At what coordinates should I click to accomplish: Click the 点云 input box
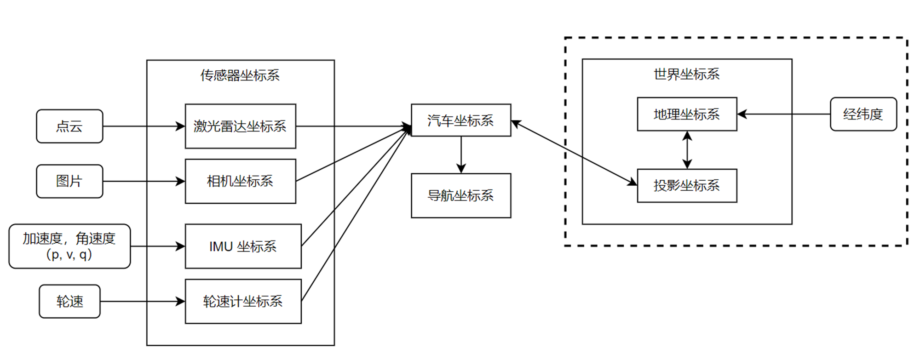[69, 126]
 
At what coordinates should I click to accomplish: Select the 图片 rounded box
[69, 181]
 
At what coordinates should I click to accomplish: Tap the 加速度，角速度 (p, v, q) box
[69, 246]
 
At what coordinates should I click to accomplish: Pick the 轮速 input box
[69, 301]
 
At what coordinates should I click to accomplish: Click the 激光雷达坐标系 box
[240, 126]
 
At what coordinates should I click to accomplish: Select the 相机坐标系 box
[240, 181]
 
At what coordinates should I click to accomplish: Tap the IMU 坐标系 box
[243, 246]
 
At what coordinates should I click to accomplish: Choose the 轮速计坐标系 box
[243, 301]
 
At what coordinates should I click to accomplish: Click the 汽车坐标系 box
[460, 120]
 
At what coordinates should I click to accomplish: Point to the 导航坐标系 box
[460, 195]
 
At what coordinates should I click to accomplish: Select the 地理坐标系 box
[687, 114]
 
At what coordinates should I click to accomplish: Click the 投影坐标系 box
[687, 185]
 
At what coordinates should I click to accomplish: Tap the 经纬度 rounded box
[863, 114]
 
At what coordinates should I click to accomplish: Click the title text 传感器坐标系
[240, 75]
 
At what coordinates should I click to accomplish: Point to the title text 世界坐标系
[686, 74]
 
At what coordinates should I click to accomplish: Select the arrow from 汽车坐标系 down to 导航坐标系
[461, 154]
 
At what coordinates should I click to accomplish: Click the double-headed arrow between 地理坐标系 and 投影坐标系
[687, 150]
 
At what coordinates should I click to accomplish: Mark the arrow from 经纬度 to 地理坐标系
[784, 114]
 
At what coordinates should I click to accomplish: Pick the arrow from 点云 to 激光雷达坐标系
[143, 126]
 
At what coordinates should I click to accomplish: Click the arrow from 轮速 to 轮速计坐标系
[143, 301]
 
